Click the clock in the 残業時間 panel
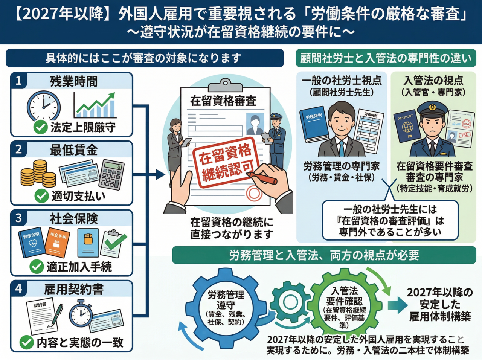[x=43, y=105]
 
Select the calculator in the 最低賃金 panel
[x=111, y=174]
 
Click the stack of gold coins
[x=38, y=174]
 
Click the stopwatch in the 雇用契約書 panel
[x=81, y=313]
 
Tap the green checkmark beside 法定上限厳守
[x=40, y=127]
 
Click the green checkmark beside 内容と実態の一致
[x=26, y=342]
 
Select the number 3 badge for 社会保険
[x=18, y=218]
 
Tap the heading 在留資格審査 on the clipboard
[x=223, y=101]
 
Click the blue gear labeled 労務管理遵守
[x=226, y=307]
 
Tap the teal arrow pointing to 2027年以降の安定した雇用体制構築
[x=397, y=305]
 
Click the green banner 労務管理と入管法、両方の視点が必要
[x=324, y=255]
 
